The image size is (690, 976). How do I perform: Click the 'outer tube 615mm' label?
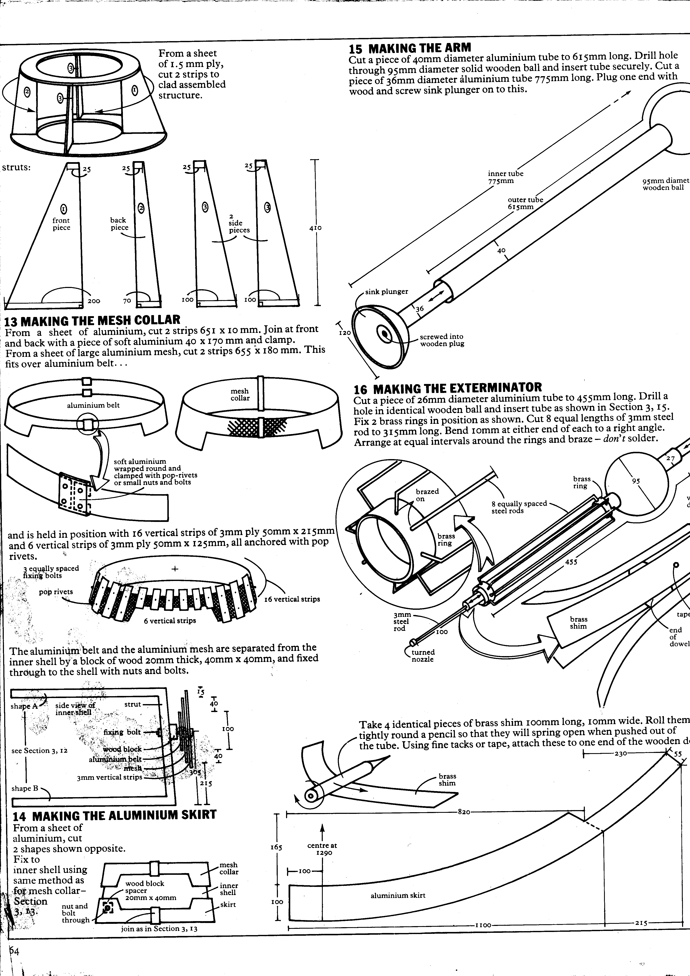tap(525, 203)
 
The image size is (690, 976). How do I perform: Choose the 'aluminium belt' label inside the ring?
tap(93, 405)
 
